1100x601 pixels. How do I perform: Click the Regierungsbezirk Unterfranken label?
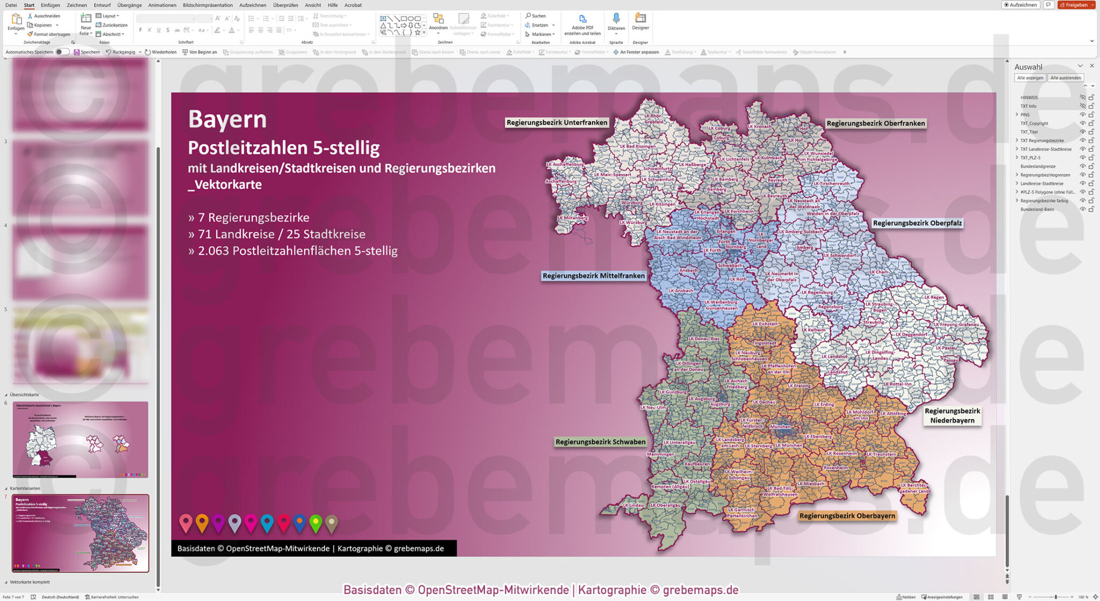point(556,122)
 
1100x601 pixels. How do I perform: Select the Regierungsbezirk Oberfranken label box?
point(875,124)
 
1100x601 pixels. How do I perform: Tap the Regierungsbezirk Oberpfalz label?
point(917,223)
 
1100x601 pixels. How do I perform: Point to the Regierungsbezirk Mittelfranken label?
point(593,276)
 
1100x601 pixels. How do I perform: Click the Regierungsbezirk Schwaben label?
point(600,442)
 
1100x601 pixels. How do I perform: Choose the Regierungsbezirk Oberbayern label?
point(847,516)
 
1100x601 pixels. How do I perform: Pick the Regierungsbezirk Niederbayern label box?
point(952,416)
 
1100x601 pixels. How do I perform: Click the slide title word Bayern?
point(227,119)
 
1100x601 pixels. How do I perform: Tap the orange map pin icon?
point(202,523)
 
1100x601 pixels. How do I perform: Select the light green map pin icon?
point(316,523)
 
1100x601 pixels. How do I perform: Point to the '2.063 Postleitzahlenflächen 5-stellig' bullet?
point(297,251)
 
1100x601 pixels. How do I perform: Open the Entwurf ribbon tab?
point(102,5)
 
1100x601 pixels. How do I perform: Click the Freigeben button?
point(1076,5)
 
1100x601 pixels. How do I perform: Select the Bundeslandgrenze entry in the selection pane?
point(1038,166)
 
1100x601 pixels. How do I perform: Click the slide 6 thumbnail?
point(81,439)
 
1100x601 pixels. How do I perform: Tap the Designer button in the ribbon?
point(640,22)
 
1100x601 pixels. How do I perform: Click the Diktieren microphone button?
point(616,22)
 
